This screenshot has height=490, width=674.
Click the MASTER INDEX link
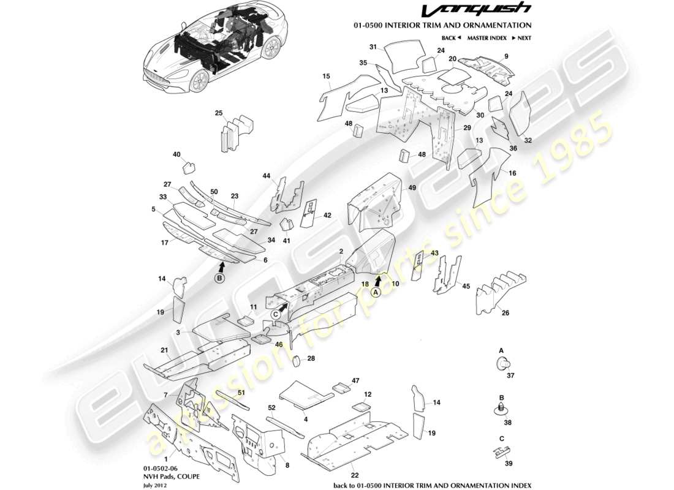487,38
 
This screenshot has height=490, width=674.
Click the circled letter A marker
376,292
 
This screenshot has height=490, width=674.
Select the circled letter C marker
276,314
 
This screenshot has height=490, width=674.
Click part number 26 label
505,313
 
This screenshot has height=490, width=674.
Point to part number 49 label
412,187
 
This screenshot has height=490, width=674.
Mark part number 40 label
176,154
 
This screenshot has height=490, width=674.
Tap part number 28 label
311,358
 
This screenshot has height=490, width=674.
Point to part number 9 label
506,56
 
